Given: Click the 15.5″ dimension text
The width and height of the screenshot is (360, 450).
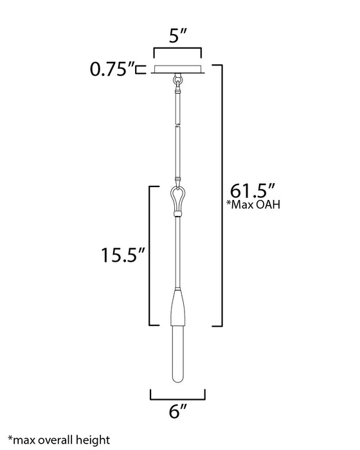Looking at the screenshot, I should pyautogui.click(x=120, y=256).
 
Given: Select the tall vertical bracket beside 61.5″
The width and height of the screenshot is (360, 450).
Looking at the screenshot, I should pyautogui.click(x=222, y=193).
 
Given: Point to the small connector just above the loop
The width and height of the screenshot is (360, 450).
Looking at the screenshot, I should pyautogui.click(x=178, y=181).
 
